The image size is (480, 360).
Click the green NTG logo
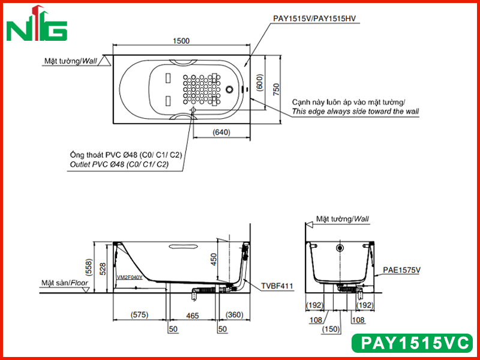point(37,24)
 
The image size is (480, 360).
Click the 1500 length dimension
point(181,41)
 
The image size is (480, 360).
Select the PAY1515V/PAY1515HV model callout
point(314,19)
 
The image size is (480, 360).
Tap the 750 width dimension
point(276,89)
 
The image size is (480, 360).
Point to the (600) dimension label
point(260,82)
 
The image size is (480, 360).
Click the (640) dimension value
point(221,132)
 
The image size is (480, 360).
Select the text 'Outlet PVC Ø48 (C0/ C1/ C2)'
point(119,164)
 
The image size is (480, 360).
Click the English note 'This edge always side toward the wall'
point(355,112)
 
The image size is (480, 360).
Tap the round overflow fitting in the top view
point(230,89)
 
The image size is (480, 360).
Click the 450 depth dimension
point(214,259)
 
